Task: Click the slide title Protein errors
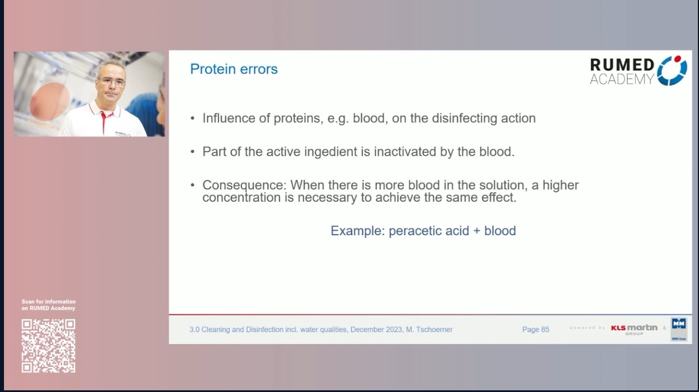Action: click(234, 69)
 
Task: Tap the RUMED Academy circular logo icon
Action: click(672, 71)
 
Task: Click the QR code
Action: click(48, 345)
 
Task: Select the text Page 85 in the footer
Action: click(535, 330)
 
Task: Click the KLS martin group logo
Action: click(634, 328)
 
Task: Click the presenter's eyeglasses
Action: click(112, 82)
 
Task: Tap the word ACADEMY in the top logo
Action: click(622, 80)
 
